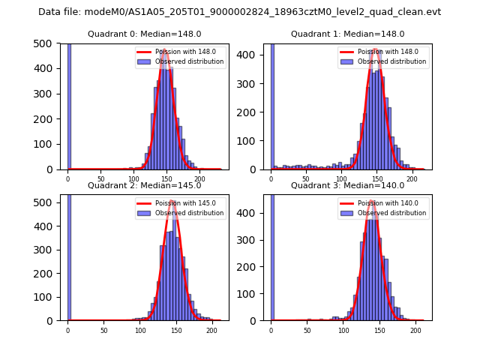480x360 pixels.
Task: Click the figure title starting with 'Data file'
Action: coord(240,12)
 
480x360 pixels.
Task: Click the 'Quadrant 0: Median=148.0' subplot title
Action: coord(144,34)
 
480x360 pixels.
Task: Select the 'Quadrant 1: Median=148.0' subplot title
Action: coord(347,34)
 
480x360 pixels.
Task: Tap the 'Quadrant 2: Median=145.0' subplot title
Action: coord(144,185)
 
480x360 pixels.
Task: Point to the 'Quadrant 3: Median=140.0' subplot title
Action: coord(347,185)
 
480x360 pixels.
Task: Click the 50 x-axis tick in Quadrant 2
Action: coord(104,331)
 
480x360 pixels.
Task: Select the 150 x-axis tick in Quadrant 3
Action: coord(379,331)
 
